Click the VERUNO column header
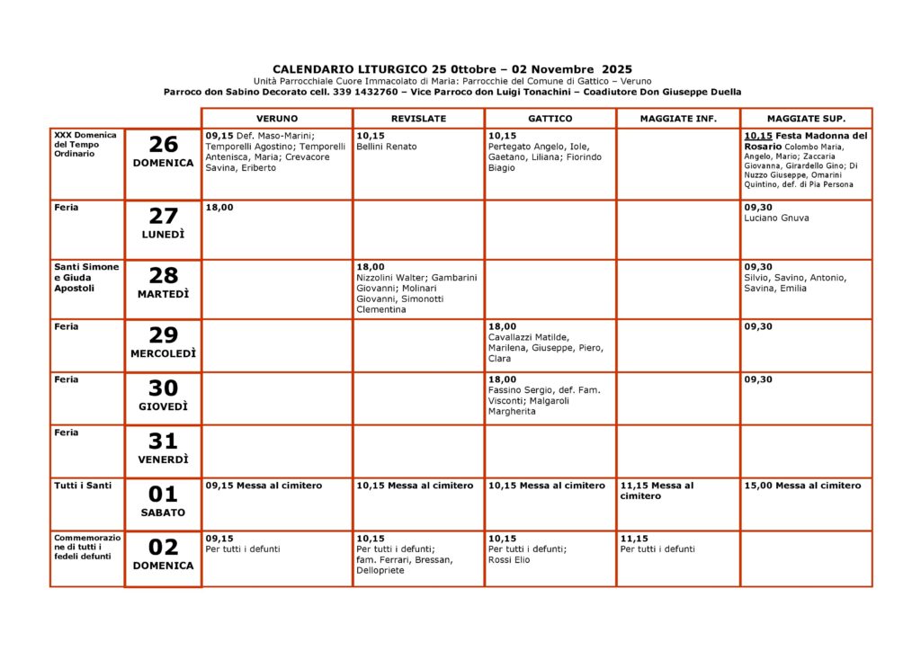point(276,119)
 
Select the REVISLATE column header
point(418,119)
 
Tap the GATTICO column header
point(550,119)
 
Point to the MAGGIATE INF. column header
point(678,119)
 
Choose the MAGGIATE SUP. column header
point(806,119)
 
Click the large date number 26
point(163,145)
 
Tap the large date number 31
point(163,441)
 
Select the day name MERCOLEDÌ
point(163,353)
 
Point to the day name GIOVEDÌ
point(163,406)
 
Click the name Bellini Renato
point(387,147)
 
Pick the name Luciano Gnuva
point(776,218)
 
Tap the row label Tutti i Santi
point(83,486)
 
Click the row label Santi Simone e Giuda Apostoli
point(86,277)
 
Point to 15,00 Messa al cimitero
point(802,486)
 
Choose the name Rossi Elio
point(509,559)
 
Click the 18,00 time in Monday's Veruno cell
point(219,207)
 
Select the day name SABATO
point(163,513)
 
